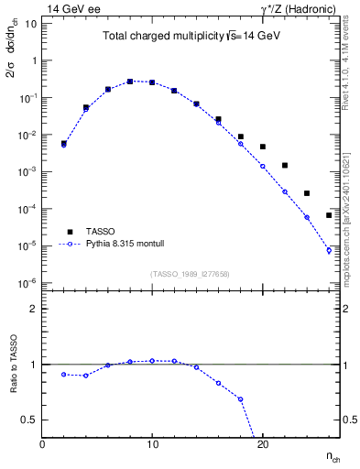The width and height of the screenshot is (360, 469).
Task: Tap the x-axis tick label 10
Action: point(152,443)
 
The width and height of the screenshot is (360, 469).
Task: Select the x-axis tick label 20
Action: point(262,443)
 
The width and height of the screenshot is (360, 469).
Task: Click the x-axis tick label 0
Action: point(42,443)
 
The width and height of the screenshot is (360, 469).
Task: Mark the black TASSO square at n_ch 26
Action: point(329,215)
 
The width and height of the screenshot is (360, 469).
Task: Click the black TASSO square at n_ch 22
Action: point(285,166)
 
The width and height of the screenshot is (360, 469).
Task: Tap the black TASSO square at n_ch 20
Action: point(263,147)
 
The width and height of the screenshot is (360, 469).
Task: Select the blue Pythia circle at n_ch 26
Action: point(329,250)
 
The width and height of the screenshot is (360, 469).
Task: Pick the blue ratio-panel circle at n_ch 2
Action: point(64,374)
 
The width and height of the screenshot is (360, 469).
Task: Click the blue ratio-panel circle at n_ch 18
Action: point(240,399)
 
